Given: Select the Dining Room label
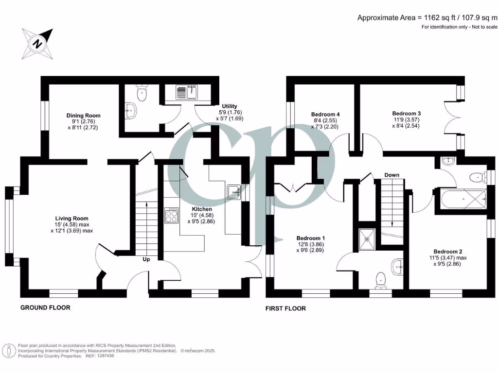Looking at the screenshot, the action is (x=84, y=115).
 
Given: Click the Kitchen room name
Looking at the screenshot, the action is (x=202, y=209).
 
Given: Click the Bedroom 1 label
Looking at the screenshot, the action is (x=311, y=238).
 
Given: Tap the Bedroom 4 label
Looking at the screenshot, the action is (x=325, y=114).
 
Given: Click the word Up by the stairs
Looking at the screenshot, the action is (x=146, y=259).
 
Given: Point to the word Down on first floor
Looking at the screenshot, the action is (x=392, y=175).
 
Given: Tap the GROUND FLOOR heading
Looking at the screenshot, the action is (x=45, y=307).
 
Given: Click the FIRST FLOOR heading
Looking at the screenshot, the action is (x=285, y=308).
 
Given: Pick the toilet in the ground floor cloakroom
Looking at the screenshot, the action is (x=142, y=94).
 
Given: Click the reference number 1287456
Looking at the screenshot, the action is (x=103, y=356).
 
